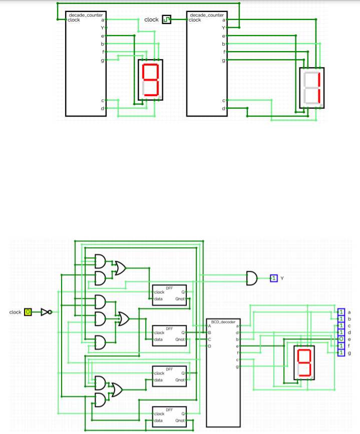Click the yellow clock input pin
pyautogui.click(x=28, y=312)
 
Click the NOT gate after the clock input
pyautogui.click(x=46, y=312)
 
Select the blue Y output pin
pyautogui.click(x=274, y=278)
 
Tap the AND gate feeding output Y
pyautogui.click(x=251, y=277)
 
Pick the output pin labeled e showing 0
pyautogui.click(x=341, y=339)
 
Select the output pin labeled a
pyautogui.click(x=341, y=312)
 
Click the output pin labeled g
pyautogui.click(x=341, y=352)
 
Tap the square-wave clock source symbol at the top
pyautogui.click(x=166, y=20)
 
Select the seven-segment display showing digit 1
pyautogui.click(x=311, y=88)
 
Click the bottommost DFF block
pyautogui.click(x=169, y=417)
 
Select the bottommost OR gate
pyautogui.click(x=117, y=389)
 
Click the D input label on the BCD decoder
pyautogui.click(x=210, y=346)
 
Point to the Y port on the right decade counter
pyautogui.click(x=223, y=28)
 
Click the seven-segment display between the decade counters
pyautogui.click(x=151, y=80)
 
